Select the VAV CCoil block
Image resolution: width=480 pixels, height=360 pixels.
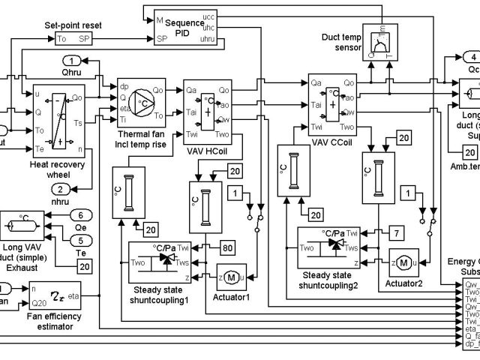point(332,103)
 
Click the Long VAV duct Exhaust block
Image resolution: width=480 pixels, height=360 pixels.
point(24,225)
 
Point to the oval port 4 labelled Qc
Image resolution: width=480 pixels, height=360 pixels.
point(470,56)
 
